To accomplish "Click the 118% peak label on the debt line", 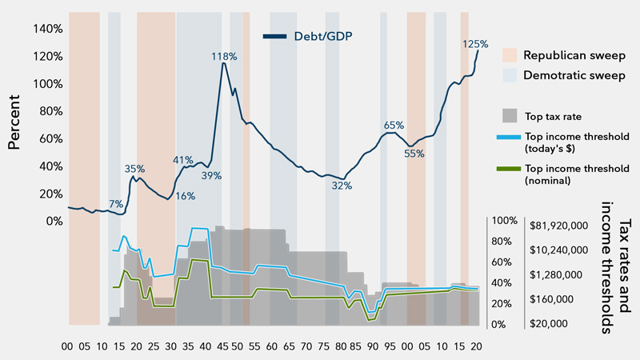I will tap(224, 57).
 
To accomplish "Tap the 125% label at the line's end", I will tap(475, 44).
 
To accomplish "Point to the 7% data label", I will tap(116, 203).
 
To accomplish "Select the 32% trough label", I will tap(342, 186).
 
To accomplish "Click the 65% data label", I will tap(394, 126).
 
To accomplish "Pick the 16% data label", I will tap(186, 196).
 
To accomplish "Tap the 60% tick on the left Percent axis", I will tap(50, 138).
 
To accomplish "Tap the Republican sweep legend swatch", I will tap(510, 54).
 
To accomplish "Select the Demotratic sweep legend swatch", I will tap(510, 75).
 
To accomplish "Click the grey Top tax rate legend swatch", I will tap(510, 115).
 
